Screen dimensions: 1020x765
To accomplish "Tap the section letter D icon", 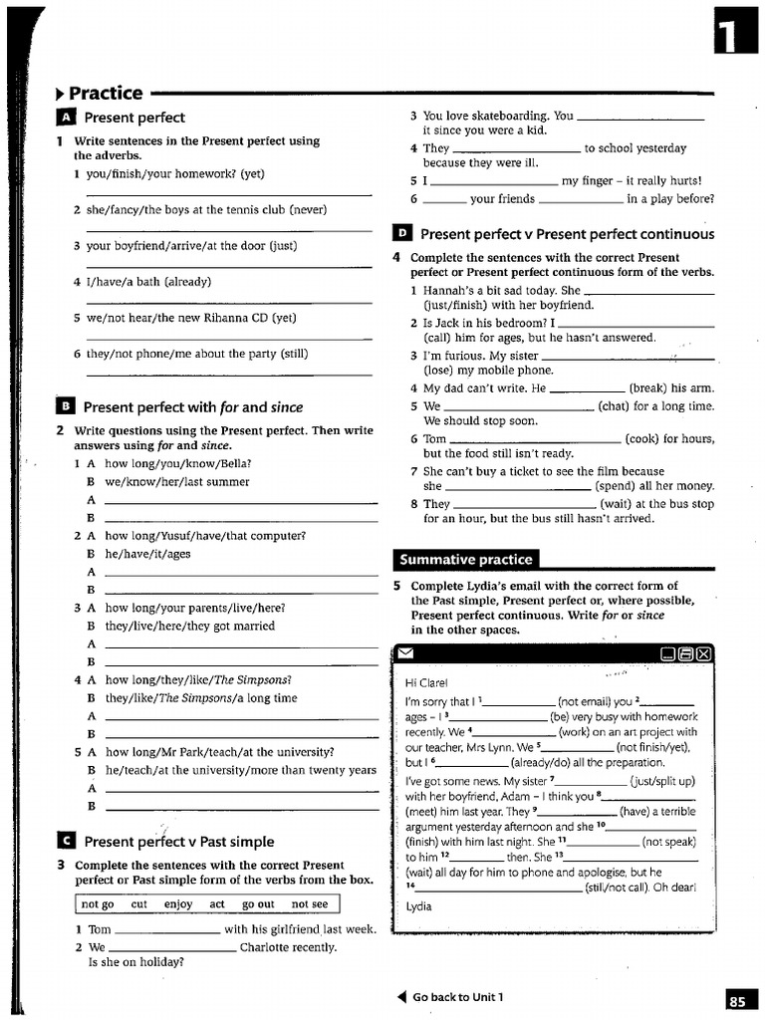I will (x=401, y=234).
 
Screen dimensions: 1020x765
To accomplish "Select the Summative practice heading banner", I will (x=466, y=559).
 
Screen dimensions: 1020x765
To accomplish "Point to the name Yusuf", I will (x=191, y=535).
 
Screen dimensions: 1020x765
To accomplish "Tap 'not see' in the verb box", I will (x=309, y=904).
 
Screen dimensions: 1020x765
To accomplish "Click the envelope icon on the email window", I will (x=405, y=653).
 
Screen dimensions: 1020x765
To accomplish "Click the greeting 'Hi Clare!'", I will (x=426, y=682).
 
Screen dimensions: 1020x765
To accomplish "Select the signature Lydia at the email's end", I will (x=420, y=906).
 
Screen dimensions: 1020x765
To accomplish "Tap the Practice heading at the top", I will (x=106, y=93).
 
